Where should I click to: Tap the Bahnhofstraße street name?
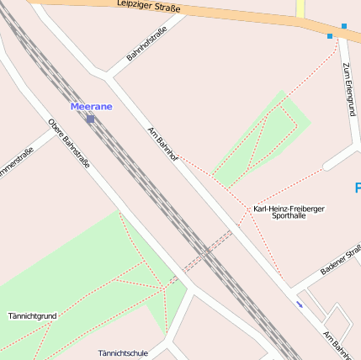[146, 44]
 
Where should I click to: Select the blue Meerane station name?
[91, 107]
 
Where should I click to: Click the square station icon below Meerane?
[90, 119]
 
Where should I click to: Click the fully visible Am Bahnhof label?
[163, 144]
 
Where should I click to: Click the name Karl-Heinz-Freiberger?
[289, 208]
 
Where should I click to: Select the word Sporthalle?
[289, 216]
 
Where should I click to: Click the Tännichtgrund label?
[32, 316]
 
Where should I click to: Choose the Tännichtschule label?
[123, 352]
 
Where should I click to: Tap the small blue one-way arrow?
[300, 304]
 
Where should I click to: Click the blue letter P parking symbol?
[357, 188]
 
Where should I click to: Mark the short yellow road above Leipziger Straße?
[300, 8]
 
